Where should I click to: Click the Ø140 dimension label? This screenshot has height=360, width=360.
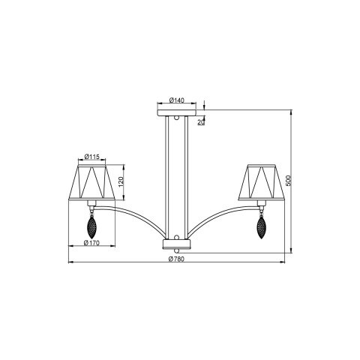pyautogui.click(x=177, y=100)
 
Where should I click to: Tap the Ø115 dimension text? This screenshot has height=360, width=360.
pyautogui.click(x=91, y=156)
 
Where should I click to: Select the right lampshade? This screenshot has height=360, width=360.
pyautogui.click(x=262, y=183)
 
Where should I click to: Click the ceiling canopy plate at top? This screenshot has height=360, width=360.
pyautogui.click(x=177, y=112)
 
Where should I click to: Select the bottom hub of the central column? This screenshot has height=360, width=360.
pyautogui.click(x=177, y=244)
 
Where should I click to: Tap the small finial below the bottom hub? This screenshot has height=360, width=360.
pyautogui.click(x=177, y=252)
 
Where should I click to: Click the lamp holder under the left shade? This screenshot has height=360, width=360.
pyautogui.click(x=91, y=204)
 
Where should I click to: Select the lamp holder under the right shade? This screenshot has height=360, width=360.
pyautogui.click(x=262, y=204)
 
